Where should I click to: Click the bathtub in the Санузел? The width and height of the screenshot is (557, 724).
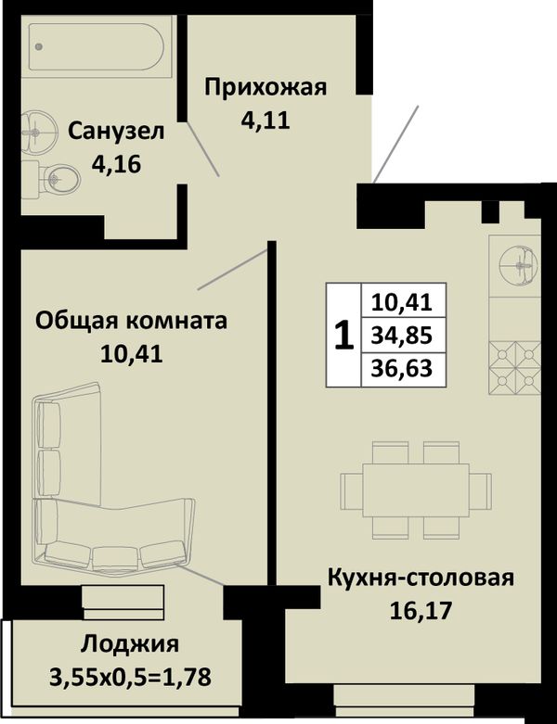coord(96,46)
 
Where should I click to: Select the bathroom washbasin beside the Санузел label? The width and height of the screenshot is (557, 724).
coord(37,132)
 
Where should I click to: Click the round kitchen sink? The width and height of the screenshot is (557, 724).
coord(519,265)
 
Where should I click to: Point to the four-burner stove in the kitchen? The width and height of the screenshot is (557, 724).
coord(515,368)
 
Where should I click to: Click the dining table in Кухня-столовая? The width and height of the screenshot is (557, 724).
coord(416,490)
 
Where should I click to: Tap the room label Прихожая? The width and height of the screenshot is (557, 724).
coord(266,87)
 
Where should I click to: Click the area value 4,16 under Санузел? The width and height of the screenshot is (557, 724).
coord(116,164)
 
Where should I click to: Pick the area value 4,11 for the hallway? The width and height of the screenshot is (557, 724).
coord(266,121)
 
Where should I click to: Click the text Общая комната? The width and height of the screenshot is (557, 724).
coord(131,321)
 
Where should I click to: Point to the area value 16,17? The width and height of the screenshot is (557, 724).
coord(421,610)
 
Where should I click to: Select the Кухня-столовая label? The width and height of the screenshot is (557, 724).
coord(421,578)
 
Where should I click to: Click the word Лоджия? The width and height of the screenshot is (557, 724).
coord(130,645)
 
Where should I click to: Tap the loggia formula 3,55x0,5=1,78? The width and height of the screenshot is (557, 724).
coord(130,678)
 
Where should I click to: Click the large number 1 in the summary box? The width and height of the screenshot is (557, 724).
coord(343,337)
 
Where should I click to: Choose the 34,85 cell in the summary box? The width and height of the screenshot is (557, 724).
coord(402,336)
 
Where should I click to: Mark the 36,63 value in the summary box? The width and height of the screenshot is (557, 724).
coord(402,368)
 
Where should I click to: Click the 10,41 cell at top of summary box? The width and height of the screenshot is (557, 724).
coord(402,302)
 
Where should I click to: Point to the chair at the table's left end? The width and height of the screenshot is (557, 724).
coord(352,490)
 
